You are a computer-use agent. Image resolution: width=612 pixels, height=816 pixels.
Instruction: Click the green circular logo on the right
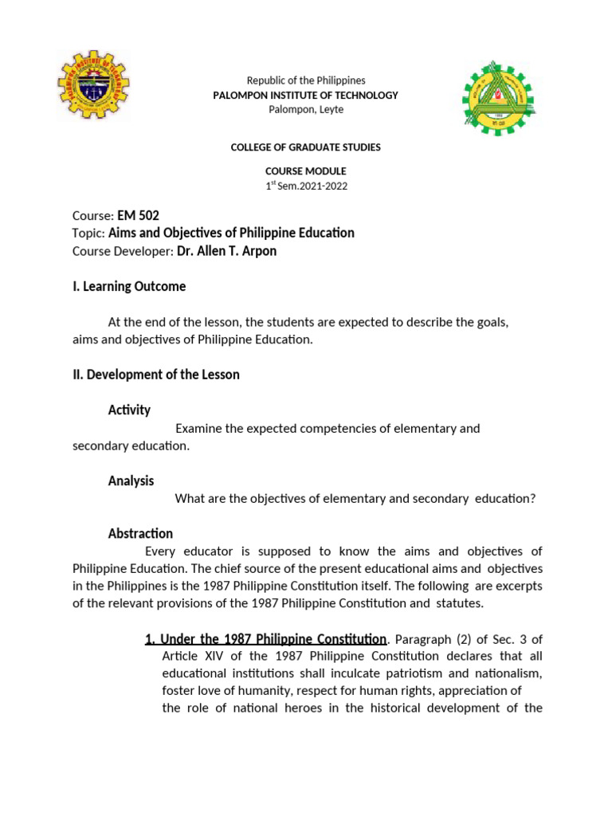500,97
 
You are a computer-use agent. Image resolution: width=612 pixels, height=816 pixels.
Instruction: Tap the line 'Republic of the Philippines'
306,80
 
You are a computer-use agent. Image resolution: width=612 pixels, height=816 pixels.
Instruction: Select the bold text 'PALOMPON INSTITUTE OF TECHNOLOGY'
306,95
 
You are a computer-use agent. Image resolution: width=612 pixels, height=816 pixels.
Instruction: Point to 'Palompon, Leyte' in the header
306,109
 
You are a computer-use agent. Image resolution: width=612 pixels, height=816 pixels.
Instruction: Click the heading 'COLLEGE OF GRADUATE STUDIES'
306,147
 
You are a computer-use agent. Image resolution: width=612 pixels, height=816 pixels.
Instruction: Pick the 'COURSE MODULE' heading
306,171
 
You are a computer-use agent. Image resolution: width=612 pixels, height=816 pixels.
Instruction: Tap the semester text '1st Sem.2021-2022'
306,186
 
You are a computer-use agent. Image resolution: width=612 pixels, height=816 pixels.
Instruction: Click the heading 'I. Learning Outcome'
129,286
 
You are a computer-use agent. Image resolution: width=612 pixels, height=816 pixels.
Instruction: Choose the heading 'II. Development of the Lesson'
155,374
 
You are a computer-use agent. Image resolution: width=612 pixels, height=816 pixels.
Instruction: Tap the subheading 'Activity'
129,410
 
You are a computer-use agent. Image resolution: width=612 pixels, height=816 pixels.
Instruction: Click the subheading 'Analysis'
131,481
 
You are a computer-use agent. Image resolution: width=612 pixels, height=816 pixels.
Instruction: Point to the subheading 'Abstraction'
140,533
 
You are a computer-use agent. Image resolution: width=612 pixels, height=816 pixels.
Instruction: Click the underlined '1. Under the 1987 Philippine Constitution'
265,639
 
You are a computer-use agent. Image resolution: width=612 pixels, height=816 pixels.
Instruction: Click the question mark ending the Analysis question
533,499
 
